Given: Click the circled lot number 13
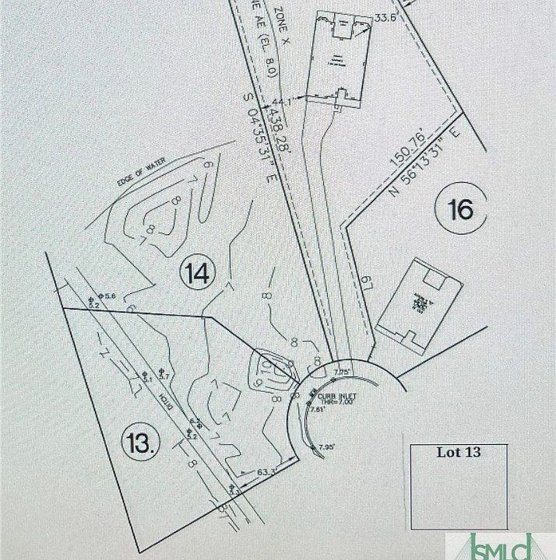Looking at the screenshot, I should [x=141, y=443].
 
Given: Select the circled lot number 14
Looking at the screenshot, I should [x=195, y=273].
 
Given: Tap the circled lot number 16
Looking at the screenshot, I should [x=460, y=208].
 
